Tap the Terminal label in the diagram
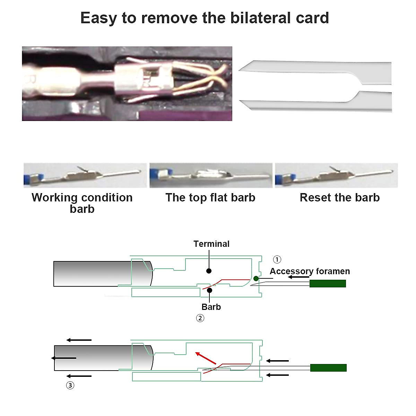[211, 244]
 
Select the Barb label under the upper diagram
[211, 307]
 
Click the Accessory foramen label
[310, 271]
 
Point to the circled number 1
[277, 259]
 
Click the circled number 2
[200, 318]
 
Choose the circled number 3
[70, 385]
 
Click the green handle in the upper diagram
[328, 284]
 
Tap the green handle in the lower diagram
[328, 368]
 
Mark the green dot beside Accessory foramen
[256, 278]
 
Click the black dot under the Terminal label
[209, 270]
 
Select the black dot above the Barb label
[210, 290]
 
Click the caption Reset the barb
[339, 198]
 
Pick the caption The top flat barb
[210, 198]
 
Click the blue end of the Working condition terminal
[27, 179]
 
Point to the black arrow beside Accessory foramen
[298, 277]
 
